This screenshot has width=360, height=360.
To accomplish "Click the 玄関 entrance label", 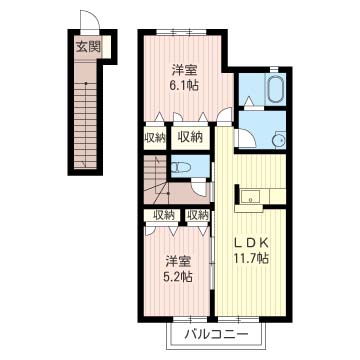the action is [88, 47].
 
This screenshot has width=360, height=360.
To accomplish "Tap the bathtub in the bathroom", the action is [276, 89].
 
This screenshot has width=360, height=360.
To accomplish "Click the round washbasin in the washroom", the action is [278, 141].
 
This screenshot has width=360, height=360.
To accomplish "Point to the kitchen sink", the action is [250, 196].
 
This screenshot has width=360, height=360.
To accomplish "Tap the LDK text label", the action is [252, 244].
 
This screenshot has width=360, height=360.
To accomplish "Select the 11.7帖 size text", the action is [252, 258].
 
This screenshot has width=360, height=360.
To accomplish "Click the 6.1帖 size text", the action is [185, 86].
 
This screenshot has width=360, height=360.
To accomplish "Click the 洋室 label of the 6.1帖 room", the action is [185, 70].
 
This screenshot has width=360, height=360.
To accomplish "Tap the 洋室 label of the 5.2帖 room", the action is [179, 262].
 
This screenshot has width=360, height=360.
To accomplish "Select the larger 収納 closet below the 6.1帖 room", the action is [190, 137].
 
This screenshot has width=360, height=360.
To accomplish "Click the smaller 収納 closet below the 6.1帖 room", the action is [155, 138].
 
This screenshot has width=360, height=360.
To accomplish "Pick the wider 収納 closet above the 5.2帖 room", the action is [162, 216].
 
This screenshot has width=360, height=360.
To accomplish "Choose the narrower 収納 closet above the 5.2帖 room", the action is [197, 216].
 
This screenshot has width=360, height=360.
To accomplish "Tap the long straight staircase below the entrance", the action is [85, 125].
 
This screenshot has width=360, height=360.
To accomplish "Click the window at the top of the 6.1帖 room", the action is [182, 32].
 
